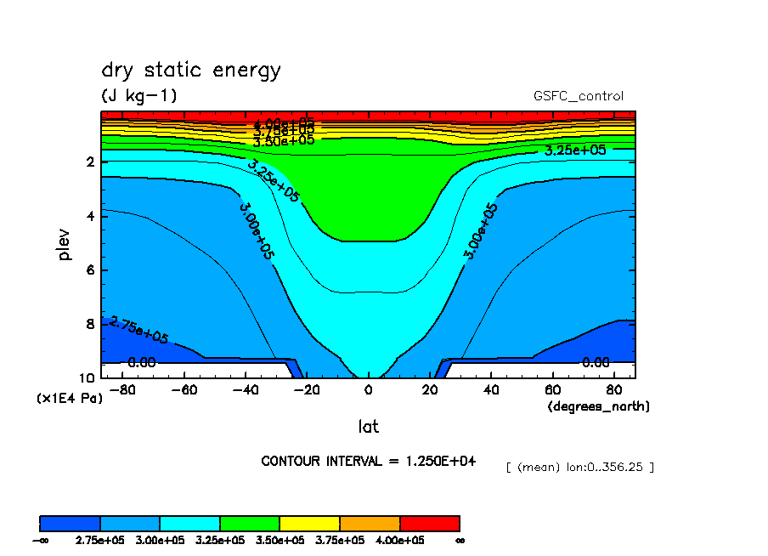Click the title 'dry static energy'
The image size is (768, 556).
pos(190,71)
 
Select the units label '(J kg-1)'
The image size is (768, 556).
pos(139,95)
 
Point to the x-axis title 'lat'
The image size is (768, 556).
pos(368,426)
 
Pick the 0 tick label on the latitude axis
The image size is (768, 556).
pos(368,391)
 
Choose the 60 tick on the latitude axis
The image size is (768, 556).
pos(552,391)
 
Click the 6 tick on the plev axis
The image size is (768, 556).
pos(91,270)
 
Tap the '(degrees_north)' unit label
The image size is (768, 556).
pos(599,406)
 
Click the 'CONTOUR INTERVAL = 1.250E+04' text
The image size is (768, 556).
pos(368,461)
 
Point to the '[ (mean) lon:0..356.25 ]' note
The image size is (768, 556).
pos(579,467)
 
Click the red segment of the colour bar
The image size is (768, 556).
pos(430,523)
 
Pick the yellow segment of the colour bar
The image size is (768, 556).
pos(310,523)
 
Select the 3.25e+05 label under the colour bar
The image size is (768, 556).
pos(220,540)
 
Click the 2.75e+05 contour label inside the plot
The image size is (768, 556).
pos(138,330)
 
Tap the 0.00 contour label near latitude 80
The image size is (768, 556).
pos(596,362)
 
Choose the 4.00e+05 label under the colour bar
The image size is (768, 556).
pos(400,540)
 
